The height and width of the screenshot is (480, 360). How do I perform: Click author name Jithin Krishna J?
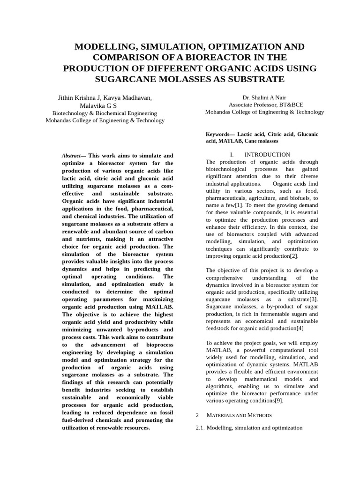pos(79,98)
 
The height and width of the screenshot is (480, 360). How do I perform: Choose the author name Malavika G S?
pos(98,105)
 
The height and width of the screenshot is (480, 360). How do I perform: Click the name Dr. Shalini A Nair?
pos(264,97)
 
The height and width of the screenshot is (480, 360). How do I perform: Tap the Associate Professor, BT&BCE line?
pos(264,105)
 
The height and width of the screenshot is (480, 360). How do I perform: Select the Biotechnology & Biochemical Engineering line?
pos(105,113)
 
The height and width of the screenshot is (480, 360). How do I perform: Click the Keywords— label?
pos(220,134)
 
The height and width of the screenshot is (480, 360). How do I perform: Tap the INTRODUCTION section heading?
pos(267,155)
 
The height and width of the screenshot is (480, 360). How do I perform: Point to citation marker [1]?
pos(238,205)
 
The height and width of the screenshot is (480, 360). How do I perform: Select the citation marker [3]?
pos(313,300)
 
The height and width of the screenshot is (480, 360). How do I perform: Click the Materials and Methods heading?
pos(239,415)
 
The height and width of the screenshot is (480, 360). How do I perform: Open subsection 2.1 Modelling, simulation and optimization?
pos(249,427)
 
